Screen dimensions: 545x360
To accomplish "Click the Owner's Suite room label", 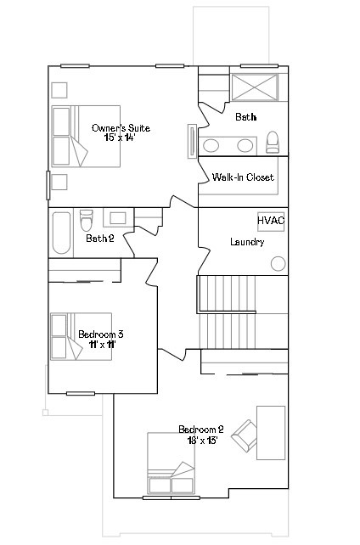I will tap(121, 128).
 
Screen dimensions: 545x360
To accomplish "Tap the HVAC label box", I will tap(271, 221).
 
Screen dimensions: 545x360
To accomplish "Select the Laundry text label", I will tap(247, 242).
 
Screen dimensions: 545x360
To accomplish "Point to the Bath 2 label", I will tap(100, 239).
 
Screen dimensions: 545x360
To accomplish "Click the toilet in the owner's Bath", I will tap(273, 142).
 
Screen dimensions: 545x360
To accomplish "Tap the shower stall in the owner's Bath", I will tap(255, 88).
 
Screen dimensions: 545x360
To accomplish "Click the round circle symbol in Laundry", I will tap(278, 264).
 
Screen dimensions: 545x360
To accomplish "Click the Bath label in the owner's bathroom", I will tap(245, 116).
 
